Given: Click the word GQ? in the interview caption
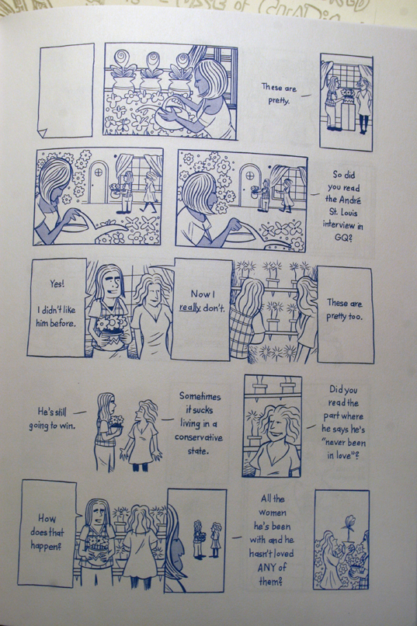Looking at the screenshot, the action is coord(342,238).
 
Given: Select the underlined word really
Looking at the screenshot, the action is coord(190,308).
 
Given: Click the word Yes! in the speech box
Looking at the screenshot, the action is coord(57,283).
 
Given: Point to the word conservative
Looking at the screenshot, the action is coord(199,437).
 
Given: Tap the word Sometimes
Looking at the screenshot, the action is coord(200,396).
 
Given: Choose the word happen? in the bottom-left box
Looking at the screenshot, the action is coord(46,546).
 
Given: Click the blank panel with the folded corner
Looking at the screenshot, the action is coord(66,91).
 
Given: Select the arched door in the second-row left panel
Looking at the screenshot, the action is coord(98,182).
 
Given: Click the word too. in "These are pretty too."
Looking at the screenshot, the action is coord(355,317).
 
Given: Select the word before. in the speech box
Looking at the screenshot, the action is coord(65,323).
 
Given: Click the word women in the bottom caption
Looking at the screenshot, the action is coord(273,513).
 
